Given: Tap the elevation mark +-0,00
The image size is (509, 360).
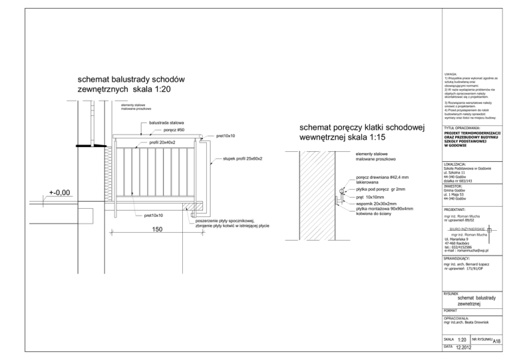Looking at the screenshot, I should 60,193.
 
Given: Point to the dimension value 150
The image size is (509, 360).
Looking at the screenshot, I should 158,229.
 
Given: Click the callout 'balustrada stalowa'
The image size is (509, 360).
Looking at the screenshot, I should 166,124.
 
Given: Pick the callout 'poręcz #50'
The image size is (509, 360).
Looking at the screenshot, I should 174,131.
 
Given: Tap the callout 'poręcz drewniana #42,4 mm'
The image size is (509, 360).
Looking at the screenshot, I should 382,178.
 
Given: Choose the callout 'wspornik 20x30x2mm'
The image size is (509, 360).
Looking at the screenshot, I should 377,203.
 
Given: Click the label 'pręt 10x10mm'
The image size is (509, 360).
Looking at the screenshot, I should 371,196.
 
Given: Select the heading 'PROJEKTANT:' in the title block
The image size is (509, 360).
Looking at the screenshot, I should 457,208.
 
